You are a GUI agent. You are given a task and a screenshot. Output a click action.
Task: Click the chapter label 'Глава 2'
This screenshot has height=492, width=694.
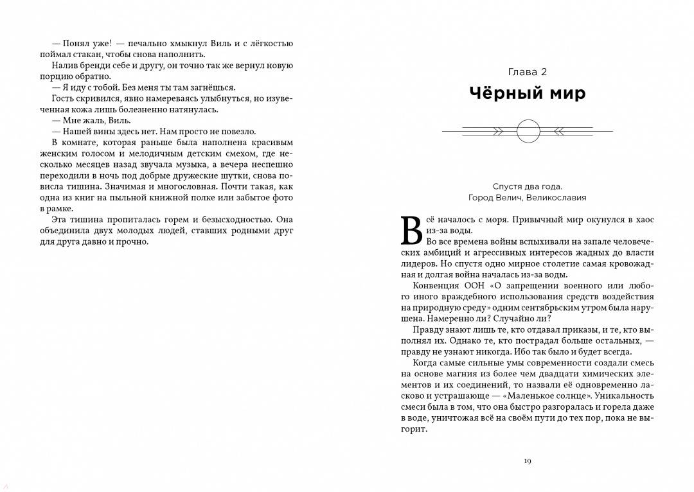click(x=527, y=72)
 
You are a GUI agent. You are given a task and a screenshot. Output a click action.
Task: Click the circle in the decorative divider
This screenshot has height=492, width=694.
click(x=528, y=131)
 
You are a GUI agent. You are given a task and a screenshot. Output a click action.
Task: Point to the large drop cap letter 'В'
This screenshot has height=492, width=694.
click(x=411, y=231)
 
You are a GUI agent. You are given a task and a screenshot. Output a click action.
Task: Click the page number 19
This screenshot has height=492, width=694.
click(x=527, y=461)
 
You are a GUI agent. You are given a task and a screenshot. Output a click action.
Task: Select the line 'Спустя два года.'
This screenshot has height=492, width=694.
click(x=528, y=186)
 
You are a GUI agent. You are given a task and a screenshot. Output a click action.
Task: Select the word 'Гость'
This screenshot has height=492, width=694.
click(x=65, y=98)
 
